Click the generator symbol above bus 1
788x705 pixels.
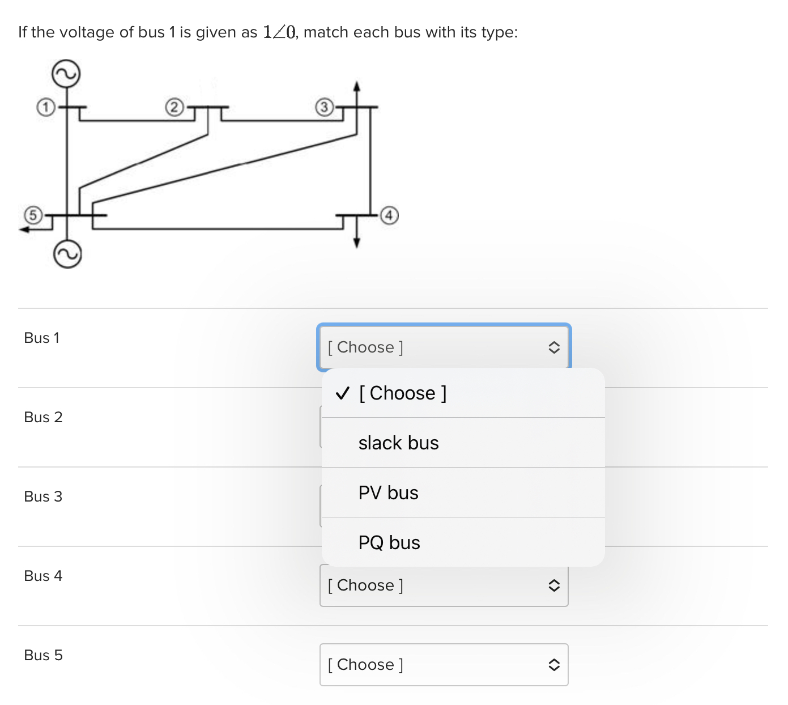(66, 74)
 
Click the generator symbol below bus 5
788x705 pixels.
(67, 255)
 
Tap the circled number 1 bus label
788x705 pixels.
(45, 107)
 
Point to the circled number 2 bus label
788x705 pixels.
(174, 107)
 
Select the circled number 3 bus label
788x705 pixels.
(323, 107)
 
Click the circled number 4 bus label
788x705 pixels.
(389, 215)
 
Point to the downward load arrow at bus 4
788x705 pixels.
(356, 241)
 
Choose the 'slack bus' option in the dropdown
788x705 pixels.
(398, 443)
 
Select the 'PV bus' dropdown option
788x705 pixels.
(388, 492)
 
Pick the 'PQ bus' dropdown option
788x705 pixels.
(389, 542)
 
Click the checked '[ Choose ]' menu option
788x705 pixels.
(402, 393)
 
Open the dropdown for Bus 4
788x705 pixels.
(444, 585)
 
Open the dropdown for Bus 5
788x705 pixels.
(444, 664)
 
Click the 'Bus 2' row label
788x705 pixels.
(43, 417)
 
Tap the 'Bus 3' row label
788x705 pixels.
(43, 496)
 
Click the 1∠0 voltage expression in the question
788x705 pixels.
(279, 32)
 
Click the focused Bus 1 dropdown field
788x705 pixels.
(444, 347)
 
